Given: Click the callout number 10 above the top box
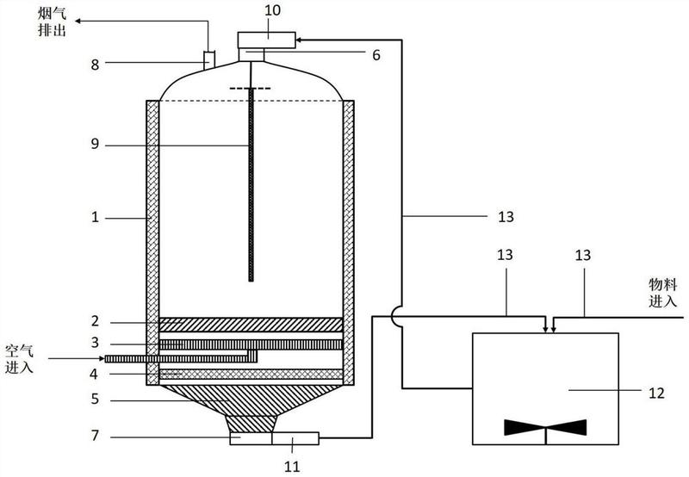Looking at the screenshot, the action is [272, 10].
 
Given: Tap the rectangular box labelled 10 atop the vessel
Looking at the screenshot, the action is [266, 40].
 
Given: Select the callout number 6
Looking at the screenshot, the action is [376, 55].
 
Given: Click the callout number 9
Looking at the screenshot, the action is [95, 144].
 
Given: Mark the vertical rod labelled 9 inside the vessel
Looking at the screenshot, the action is [251, 184].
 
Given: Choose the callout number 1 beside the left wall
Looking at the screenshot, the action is [95, 218].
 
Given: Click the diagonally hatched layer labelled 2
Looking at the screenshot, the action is [251, 325].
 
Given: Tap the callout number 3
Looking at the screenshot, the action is [95, 343].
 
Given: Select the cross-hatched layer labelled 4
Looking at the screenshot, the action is [251, 375].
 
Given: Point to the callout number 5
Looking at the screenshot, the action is [95, 400].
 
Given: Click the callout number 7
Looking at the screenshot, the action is [95, 436].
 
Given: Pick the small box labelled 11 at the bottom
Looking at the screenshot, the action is [295, 438].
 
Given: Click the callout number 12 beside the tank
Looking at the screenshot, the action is [656, 393].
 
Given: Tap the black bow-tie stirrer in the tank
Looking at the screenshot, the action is [545, 427].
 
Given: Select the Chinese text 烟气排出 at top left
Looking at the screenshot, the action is [52, 22].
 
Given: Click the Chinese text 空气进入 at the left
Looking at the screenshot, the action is [19, 359].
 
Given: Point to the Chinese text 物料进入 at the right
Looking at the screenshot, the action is [662, 293].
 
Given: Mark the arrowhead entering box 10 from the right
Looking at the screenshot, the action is [299, 40].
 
